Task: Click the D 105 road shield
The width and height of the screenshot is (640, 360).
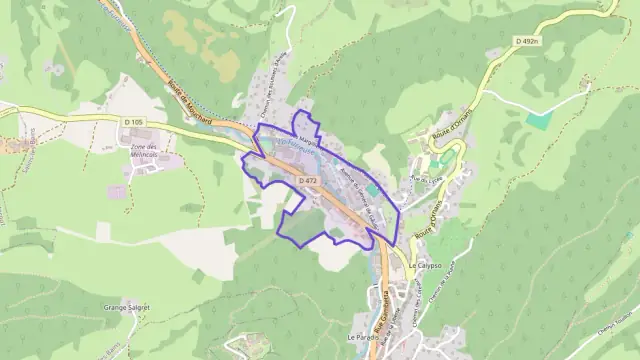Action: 137,122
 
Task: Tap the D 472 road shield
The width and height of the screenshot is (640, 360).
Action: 307,180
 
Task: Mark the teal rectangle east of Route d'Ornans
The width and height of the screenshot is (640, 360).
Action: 539,120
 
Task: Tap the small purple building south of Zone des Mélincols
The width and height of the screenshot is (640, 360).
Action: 117,192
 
